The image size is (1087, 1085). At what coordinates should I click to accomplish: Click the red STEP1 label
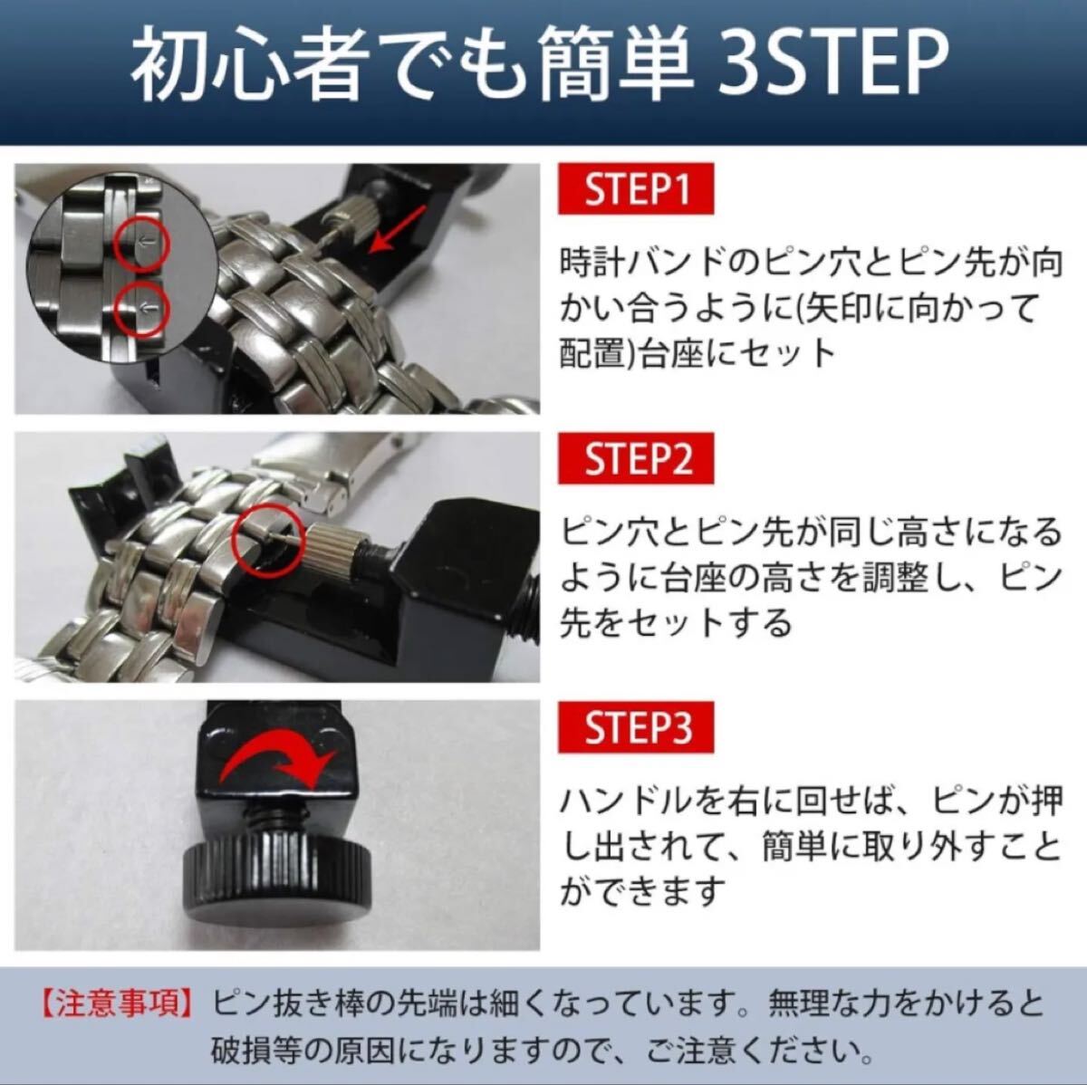point(636,188)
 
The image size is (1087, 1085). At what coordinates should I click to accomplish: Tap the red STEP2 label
point(636,458)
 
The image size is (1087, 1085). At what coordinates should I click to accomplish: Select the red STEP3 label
point(636,727)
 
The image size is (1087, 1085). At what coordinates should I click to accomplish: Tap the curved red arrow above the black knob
point(276,756)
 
